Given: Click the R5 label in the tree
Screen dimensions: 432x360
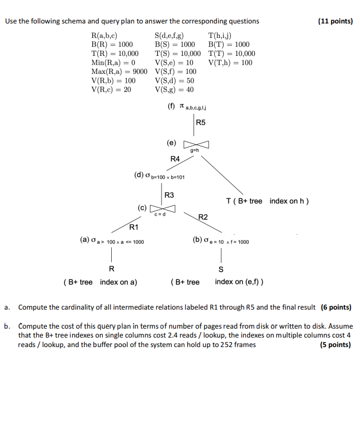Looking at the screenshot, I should tap(201, 122).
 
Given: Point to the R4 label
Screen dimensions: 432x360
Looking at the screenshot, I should tap(175, 159).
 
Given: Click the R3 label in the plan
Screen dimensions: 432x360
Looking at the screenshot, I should tap(169, 195).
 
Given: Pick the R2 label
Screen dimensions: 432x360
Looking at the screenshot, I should tap(203, 217).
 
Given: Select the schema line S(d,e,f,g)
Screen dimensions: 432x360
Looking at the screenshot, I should tap(169, 35).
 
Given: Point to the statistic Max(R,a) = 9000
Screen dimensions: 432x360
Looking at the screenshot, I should tap(119, 72).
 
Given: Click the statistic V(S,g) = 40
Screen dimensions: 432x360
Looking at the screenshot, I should tap(174, 89).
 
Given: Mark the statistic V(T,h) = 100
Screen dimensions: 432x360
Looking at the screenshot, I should tap(230, 63).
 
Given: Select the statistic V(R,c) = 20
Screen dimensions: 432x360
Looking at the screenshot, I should tap(111, 89).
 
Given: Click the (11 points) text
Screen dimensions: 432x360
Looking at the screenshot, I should tap(335, 21).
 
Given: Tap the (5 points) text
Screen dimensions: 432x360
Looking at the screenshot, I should tap(335, 345).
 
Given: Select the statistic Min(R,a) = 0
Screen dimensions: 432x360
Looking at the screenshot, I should tap(113, 63).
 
